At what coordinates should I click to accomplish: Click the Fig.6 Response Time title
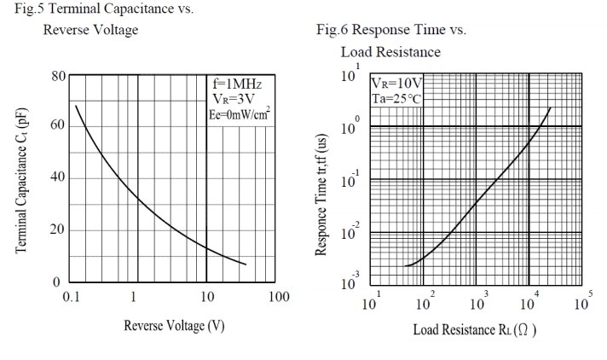pyautogui.click(x=391, y=31)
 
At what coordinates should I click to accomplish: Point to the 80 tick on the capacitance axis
pyautogui.click(x=57, y=76)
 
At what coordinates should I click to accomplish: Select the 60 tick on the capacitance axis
pyautogui.click(x=57, y=125)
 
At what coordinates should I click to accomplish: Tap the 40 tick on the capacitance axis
pyautogui.click(x=57, y=177)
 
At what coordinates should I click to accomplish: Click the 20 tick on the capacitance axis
pyautogui.click(x=57, y=229)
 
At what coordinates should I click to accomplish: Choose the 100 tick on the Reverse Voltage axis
pyautogui.click(x=278, y=297)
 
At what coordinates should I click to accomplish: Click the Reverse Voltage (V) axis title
pyautogui.click(x=174, y=326)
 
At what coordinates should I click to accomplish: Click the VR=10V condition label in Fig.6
pyautogui.click(x=396, y=84)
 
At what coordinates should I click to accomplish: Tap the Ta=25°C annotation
pyautogui.click(x=396, y=98)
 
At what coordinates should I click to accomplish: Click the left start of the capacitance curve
pyautogui.click(x=76, y=106)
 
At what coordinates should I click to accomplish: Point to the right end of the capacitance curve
pyautogui.click(x=246, y=264)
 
